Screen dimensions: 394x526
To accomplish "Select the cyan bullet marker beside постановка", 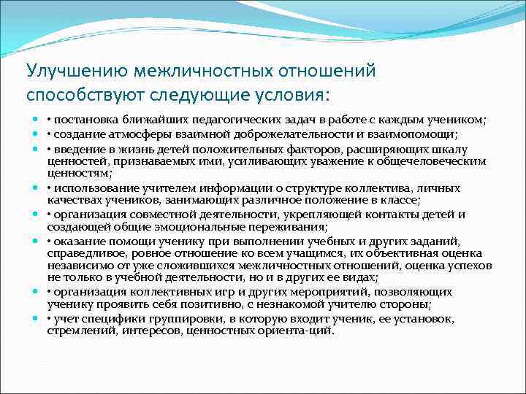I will point(35,120).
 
